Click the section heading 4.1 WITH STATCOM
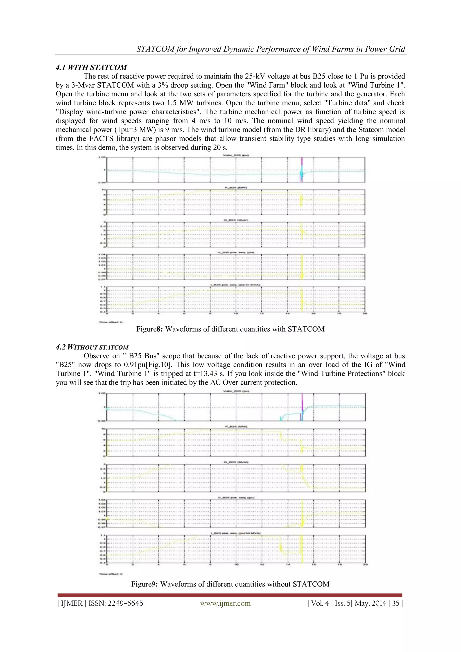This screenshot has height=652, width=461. click(x=91, y=67)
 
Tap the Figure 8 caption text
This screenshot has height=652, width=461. click(x=230, y=329)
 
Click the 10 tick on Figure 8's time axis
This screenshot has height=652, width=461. click(x=236, y=314)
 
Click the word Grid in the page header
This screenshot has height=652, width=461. click(x=397, y=49)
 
